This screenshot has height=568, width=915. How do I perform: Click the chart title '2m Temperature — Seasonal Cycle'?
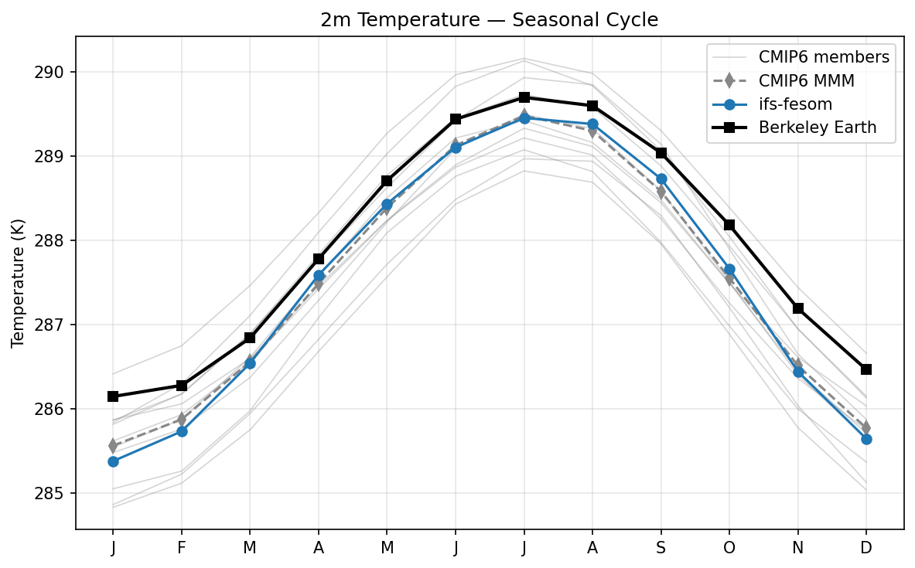tap(490, 20)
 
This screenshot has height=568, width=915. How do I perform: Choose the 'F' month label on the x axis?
tap(182, 548)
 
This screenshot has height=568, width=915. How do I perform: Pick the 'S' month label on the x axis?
tap(661, 548)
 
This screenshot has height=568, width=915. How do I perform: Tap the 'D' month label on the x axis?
tap(866, 548)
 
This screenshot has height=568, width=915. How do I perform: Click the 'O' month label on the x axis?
tap(729, 548)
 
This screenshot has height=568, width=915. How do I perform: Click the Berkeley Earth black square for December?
tap(866, 369)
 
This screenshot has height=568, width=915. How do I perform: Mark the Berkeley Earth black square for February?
tap(182, 386)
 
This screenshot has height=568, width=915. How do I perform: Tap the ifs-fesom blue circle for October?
tap(729, 269)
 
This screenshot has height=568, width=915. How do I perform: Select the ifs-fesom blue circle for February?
tap(182, 431)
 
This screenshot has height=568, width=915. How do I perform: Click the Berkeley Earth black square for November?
tap(798, 308)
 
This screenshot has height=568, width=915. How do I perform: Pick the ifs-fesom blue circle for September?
tap(661, 179)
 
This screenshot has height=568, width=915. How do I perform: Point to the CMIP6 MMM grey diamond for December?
tap(866, 427)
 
